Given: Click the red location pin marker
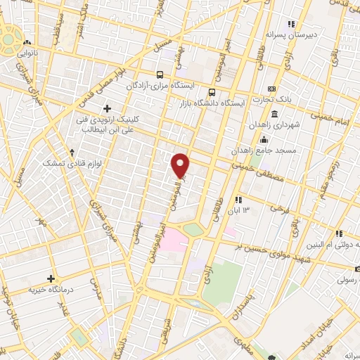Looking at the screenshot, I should (181, 165).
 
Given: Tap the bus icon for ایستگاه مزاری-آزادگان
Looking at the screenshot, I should (161, 74).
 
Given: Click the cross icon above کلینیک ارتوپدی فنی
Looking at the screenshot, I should (107, 108).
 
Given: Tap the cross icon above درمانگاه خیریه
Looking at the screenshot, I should (51, 278).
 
